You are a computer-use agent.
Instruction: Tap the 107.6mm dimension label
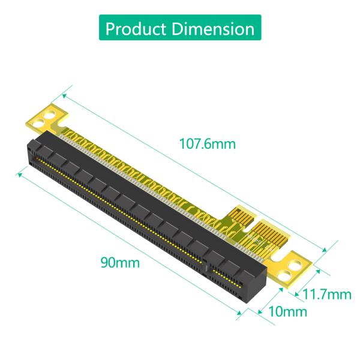click(208, 144)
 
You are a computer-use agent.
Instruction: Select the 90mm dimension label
click(120, 262)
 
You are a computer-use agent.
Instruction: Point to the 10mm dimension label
click(287, 311)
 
